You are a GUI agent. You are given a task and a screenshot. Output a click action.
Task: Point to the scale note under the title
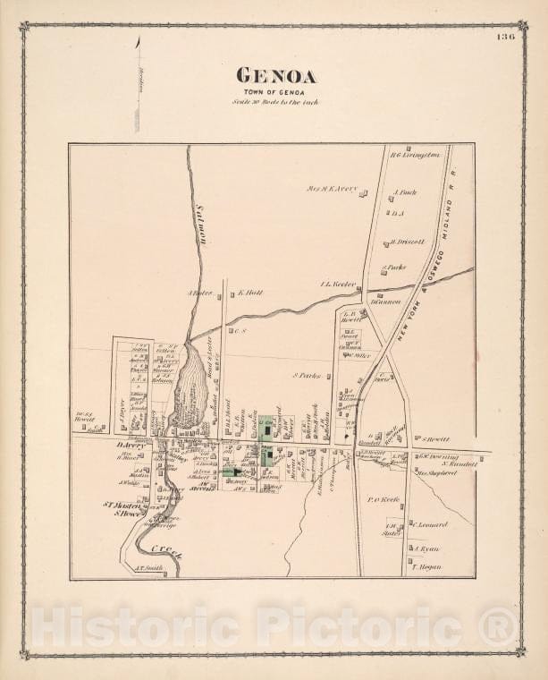click(x=274, y=103)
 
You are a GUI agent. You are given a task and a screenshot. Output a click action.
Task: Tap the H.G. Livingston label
click(x=417, y=155)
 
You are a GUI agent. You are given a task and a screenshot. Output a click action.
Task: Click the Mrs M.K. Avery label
click(x=332, y=189)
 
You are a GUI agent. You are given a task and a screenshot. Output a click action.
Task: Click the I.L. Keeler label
click(x=338, y=285)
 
